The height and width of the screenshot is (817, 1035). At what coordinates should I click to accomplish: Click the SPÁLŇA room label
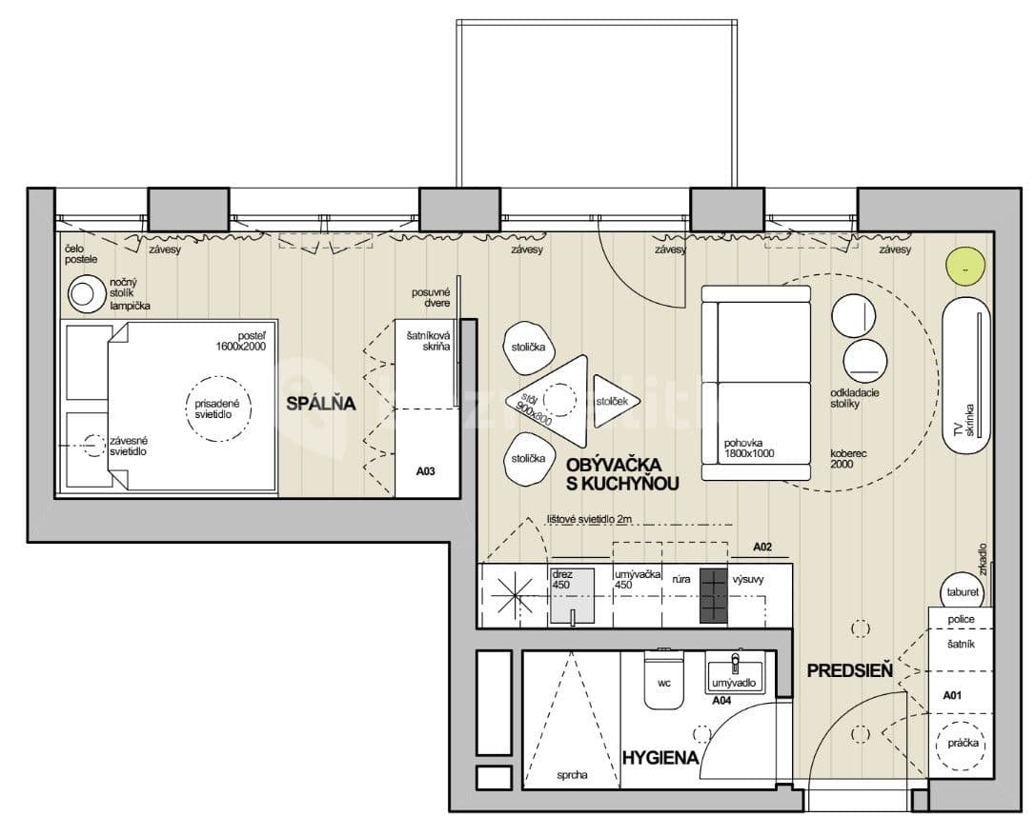[321, 404]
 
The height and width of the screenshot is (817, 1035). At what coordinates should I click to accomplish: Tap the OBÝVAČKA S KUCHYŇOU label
[621, 474]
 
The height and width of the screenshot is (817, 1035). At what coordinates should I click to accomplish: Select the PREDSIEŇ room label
[849, 670]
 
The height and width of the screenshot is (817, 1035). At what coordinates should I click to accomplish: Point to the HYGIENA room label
[660, 758]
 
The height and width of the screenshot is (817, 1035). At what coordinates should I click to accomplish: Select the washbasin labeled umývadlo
[736, 674]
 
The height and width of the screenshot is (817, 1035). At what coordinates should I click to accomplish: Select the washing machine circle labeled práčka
[962, 744]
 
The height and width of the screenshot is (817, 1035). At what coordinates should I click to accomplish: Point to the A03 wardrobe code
[426, 470]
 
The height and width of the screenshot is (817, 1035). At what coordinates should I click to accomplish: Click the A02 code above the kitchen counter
[761, 548]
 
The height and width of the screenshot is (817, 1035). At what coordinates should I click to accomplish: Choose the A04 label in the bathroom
[723, 700]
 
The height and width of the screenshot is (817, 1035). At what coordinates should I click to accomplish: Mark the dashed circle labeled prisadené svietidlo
[219, 408]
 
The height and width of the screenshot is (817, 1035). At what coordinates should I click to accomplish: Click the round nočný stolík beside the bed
[84, 294]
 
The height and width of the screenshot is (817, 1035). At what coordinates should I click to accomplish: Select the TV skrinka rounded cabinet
[965, 381]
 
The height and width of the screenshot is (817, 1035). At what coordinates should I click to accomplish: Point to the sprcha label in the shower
[572, 775]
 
